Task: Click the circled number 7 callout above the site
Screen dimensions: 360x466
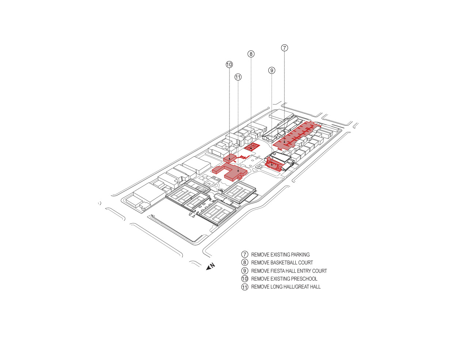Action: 284,48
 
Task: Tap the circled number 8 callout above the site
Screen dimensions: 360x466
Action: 251,54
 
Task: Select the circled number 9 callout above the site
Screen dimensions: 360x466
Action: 272,71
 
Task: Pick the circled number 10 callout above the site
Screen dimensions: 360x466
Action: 229,65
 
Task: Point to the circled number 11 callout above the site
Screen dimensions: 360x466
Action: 238,77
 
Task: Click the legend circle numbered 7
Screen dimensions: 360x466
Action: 245,255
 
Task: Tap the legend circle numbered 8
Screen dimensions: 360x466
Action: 245,263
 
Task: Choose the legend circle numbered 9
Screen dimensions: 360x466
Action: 245,271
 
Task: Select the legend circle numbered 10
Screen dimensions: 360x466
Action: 245,279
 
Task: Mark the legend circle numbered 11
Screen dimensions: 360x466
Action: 245,287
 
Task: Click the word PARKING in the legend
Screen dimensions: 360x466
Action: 300,255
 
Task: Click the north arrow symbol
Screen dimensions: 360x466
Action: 211,267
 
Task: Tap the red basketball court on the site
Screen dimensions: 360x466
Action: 252,147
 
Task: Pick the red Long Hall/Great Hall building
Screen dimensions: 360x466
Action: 231,171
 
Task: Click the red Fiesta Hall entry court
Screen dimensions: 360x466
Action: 273,165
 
